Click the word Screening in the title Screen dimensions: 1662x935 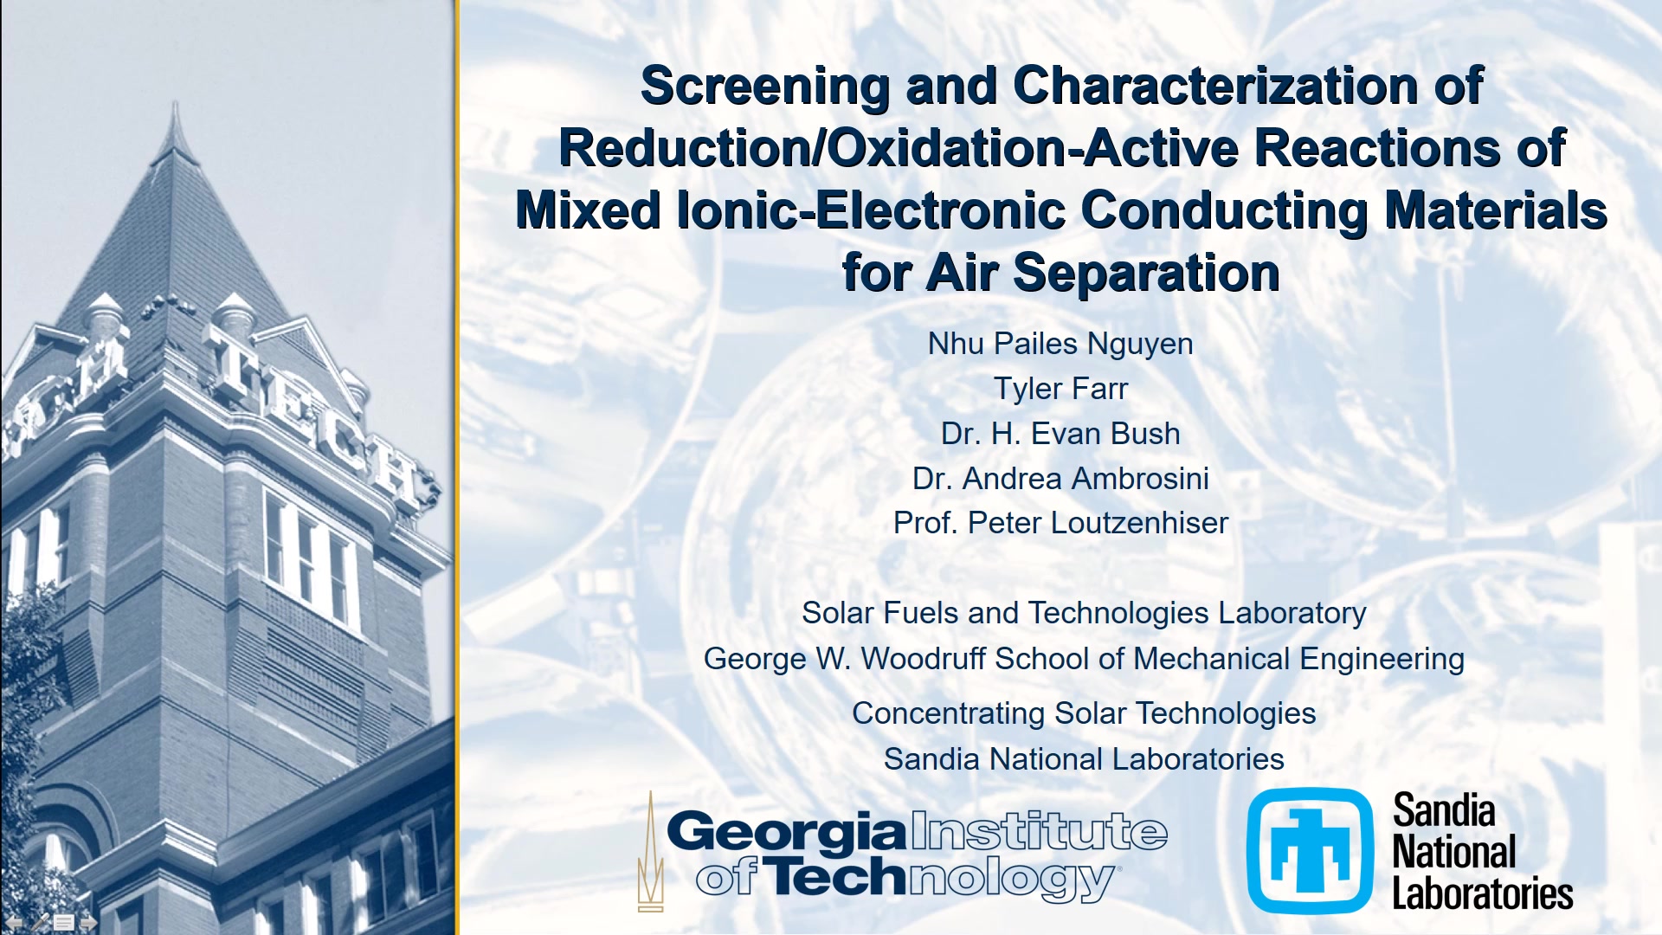pos(764,87)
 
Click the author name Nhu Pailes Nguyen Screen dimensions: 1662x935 pos(1060,344)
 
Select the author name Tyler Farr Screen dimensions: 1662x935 pos(1060,389)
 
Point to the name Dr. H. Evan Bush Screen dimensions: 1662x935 pos(1060,434)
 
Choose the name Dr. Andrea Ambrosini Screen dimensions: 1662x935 pos(1060,479)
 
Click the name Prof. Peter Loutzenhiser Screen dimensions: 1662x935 pos(1060,523)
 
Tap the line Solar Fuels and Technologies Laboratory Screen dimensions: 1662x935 pos(1084,613)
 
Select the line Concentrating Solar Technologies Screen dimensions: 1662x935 pos(1084,713)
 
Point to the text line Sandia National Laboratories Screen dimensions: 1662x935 pos(1084,759)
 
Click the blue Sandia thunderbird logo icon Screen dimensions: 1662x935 pos(1310,850)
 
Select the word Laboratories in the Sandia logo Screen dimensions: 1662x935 pos(1482,893)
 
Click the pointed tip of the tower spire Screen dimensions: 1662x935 pos(176,102)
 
